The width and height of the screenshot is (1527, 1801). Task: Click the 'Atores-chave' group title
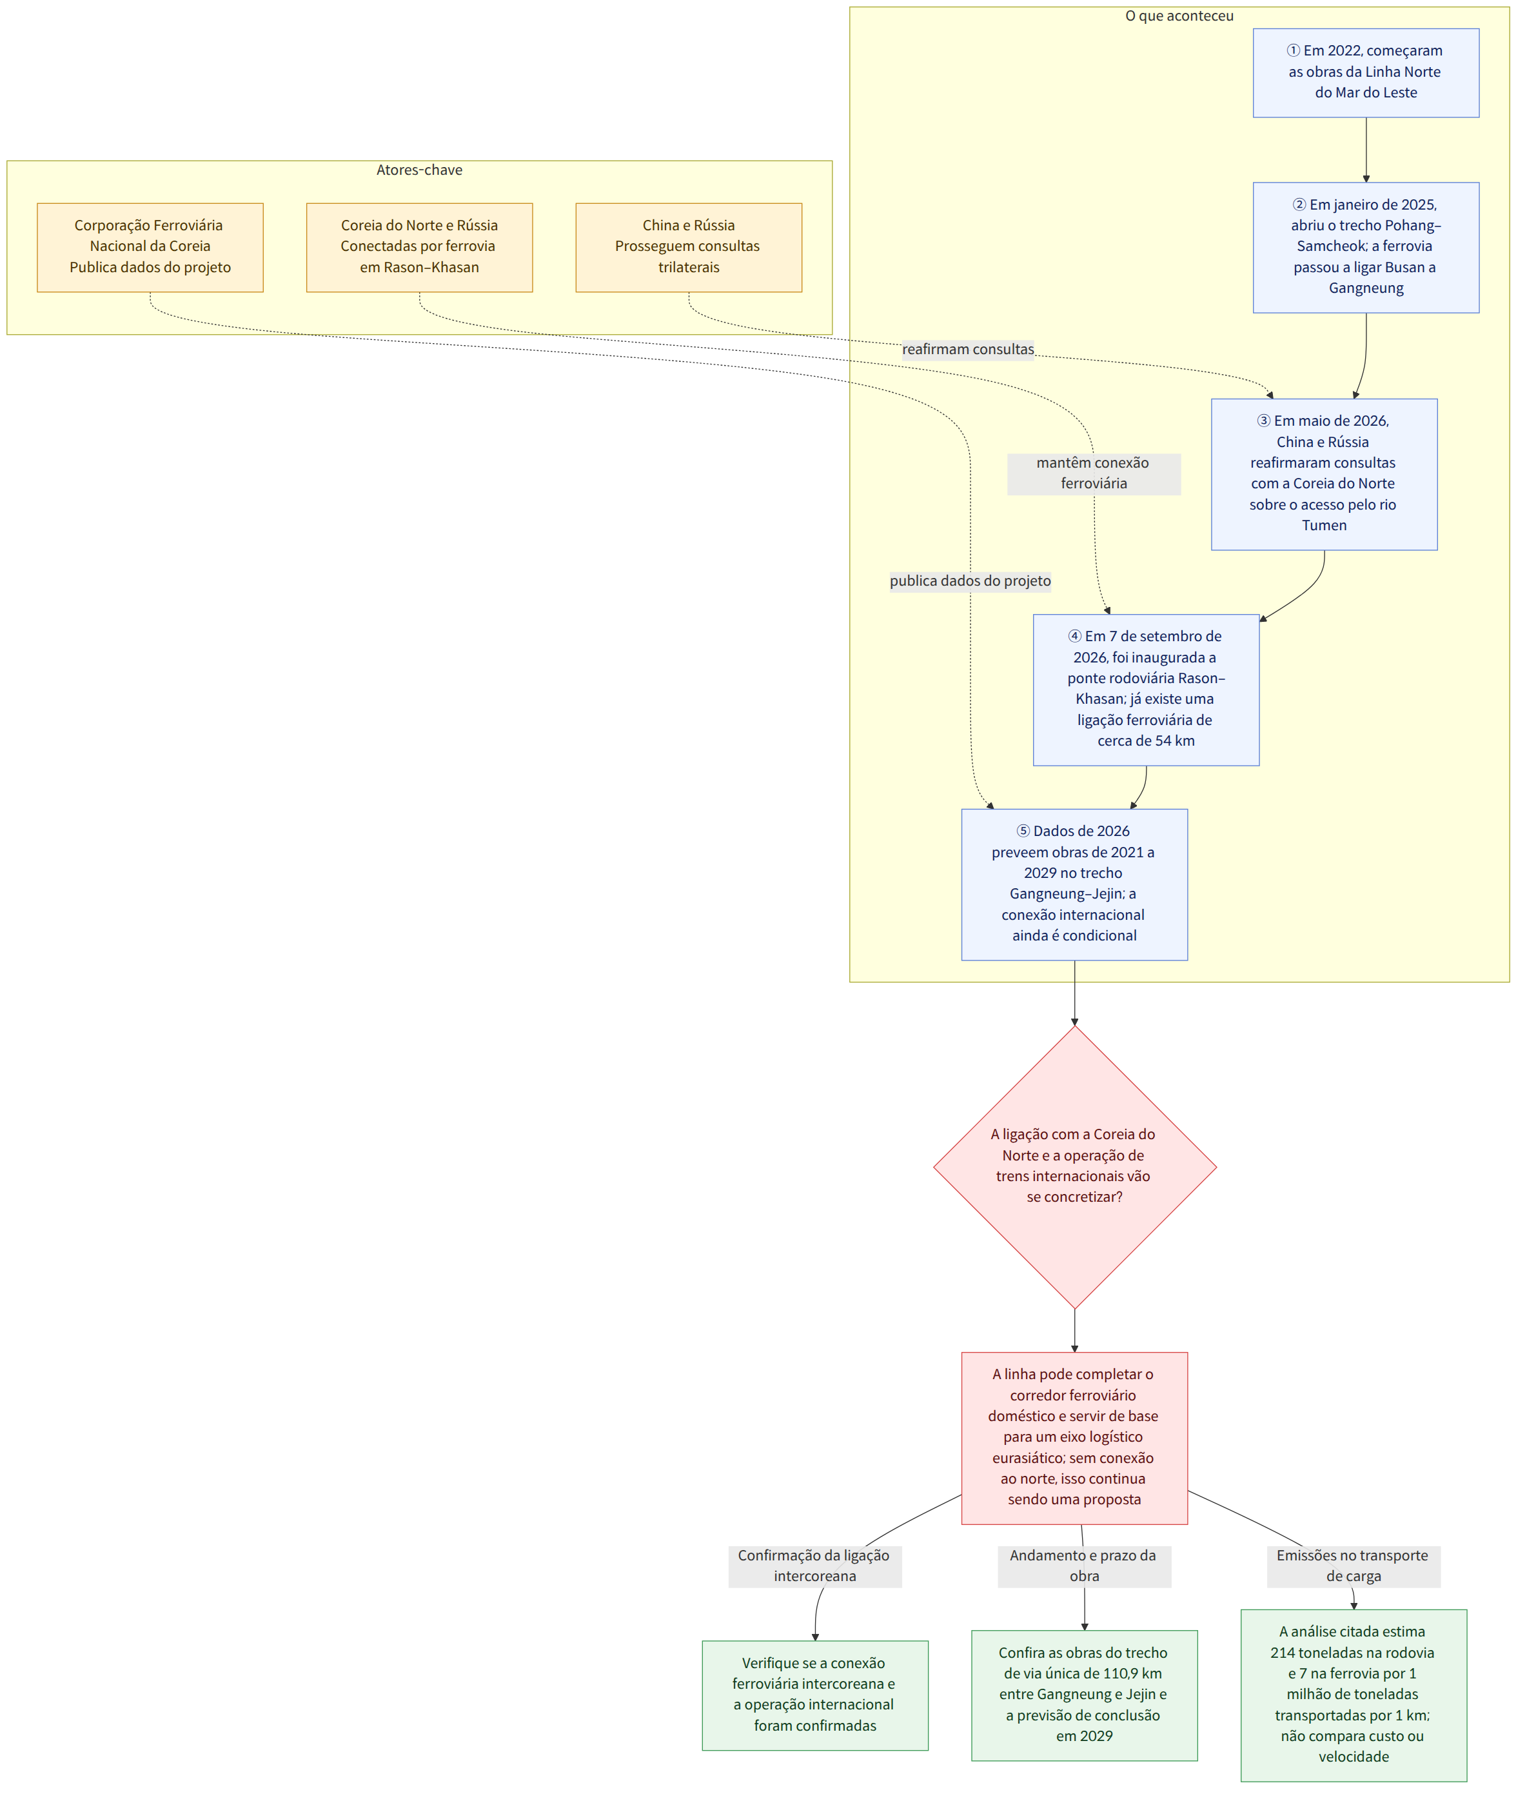tap(419, 170)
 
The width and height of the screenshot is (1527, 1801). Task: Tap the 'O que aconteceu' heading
tap(1179, 15)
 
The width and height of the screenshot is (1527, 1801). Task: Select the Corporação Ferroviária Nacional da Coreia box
tap(150, 248)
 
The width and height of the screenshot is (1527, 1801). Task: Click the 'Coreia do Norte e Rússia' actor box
tap(419, 248)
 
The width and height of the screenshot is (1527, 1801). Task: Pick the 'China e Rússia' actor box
tap(688, 248)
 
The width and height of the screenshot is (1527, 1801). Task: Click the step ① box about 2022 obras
tap(1366, 73)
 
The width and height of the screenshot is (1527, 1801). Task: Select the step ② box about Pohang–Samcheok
tap(1366, 248)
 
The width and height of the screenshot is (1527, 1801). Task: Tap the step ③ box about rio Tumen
tap(1325, 475)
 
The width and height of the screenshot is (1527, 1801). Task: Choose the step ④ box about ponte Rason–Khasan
tap(1146, 690)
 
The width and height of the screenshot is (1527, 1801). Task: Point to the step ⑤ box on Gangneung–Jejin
tap(1074, 885)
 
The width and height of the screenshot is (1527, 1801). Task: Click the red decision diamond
tap(1074, 1167)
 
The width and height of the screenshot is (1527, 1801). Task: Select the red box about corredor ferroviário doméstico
tap(1074, 1438)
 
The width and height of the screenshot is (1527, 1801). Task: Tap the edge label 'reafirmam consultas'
tap(968, 349)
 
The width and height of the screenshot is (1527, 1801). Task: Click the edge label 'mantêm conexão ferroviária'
tap(1094, 473)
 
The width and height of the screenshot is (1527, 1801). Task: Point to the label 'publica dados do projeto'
tap(970, 581)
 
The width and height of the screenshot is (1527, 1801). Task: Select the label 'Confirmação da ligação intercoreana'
tap(814, 1566)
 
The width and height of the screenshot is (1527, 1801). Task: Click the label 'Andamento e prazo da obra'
tap(1084, 1566)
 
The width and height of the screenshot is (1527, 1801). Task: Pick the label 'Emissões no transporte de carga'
tap(1353, 1566)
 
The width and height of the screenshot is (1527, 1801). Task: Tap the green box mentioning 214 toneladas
tap(1354, 1695)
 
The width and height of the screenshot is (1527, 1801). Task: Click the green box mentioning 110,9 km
tap(1085, 1695)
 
